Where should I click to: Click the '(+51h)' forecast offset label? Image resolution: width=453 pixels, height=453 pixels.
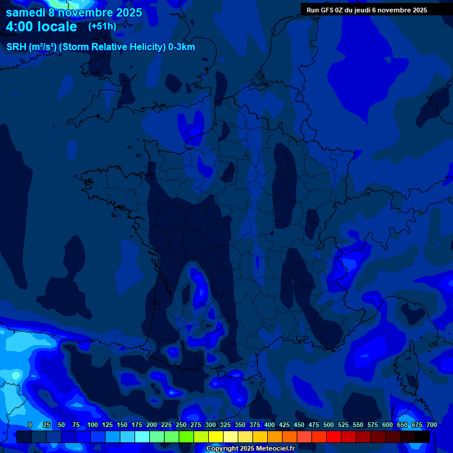102,27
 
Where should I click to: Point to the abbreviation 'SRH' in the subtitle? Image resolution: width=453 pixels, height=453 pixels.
16,47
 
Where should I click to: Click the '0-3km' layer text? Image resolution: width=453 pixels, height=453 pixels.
182,47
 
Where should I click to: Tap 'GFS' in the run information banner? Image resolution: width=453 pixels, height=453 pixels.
329,10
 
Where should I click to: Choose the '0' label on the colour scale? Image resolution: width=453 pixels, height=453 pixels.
30,425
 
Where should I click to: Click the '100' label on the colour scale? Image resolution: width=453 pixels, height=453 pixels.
93,425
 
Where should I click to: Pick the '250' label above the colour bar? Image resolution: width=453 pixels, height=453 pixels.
181,425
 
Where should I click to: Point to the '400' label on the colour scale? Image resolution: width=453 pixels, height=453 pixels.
270,425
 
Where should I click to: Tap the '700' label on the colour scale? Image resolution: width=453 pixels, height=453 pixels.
432,425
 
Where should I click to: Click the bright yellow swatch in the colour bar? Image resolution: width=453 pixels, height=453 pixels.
216,436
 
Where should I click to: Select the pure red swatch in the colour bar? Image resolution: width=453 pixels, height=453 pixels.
334,436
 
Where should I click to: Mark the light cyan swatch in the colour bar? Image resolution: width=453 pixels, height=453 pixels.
142,436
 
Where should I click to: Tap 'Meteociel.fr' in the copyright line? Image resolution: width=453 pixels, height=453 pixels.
275,449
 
